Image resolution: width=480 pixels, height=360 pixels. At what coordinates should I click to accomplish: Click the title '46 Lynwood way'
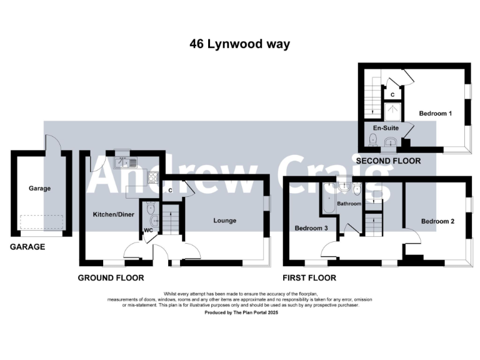pos(240,44)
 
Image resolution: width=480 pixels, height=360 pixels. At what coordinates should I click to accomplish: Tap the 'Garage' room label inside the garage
pos(39,188)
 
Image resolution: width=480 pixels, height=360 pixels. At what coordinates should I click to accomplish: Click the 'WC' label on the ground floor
pos(149,230)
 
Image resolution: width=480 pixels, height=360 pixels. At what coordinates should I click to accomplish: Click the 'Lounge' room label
pos(224,220)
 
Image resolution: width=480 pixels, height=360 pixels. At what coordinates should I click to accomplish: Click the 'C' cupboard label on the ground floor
pos(170,191)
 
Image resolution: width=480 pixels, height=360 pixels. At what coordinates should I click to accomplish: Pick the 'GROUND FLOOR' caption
pos(111,277)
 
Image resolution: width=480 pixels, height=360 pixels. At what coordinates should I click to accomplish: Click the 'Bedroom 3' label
pos(311,229)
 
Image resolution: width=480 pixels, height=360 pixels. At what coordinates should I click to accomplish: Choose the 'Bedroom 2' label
pos(437,221)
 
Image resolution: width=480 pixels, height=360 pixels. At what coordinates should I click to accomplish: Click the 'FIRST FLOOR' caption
pos(309,277)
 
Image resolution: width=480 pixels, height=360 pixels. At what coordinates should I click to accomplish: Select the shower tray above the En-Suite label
pos(392,112)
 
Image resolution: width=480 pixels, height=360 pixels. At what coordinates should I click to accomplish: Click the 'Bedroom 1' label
pos(435,113)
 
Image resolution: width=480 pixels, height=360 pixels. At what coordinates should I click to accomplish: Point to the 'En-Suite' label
pos(385,128)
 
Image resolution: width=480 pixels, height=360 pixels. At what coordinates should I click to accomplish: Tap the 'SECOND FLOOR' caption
pos(388,161)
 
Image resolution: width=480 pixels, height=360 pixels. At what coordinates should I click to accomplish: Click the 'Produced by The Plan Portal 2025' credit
pos(241,312)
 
